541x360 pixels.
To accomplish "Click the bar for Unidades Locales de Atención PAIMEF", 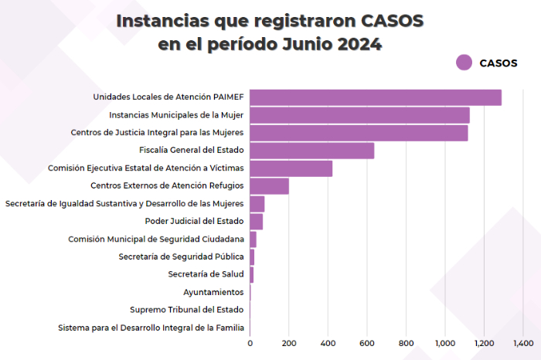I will point(375,97).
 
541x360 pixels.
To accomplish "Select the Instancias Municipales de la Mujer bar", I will point(359,115).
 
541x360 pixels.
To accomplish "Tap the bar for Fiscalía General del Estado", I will point(311,151).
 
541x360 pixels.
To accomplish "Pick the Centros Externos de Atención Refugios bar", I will point(269,186).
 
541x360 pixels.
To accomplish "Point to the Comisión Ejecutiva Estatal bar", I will point(291,168).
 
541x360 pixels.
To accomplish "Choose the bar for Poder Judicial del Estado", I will point(256,222).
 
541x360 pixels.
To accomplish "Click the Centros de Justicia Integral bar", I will point(359,133).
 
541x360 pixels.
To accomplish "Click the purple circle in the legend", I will point(464,63).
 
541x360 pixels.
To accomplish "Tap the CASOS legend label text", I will point(498,63).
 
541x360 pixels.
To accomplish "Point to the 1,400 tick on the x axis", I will point(522,342).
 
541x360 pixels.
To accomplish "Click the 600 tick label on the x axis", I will point(367,342).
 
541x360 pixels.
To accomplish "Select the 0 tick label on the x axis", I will point(250,342).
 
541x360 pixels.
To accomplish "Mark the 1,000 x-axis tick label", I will point(445,342).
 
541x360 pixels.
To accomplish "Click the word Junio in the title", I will point(304,44).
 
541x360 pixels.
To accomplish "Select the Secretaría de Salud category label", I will point(206,274).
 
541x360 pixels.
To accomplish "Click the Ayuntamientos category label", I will point(213,292).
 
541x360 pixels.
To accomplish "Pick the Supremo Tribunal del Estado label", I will point(187,310).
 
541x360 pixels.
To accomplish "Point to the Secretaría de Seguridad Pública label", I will point(181,256).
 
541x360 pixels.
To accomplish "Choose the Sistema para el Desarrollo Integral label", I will point(151,328).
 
